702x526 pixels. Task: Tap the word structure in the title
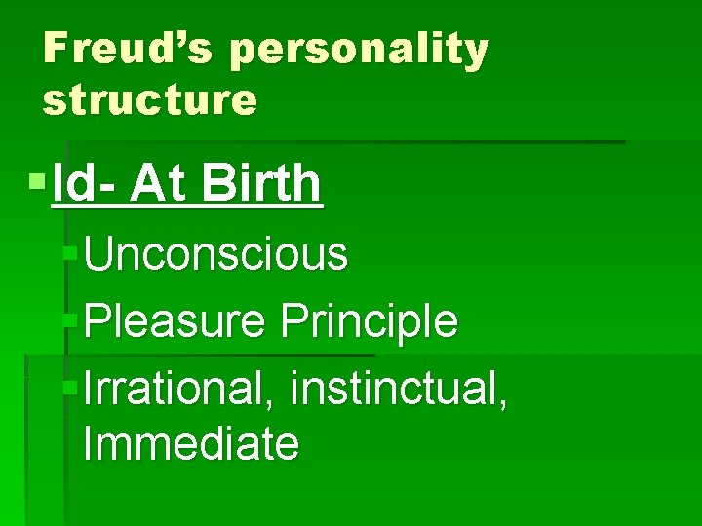tap(150, 99)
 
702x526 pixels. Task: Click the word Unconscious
tap(215, 254)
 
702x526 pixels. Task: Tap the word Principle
tap(370, 321)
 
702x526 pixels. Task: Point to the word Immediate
tap(191, 444)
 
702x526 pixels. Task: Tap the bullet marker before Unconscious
tap(69, 253)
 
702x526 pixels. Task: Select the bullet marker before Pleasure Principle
tap(69, 319)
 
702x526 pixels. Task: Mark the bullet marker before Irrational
tap(69, 385)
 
